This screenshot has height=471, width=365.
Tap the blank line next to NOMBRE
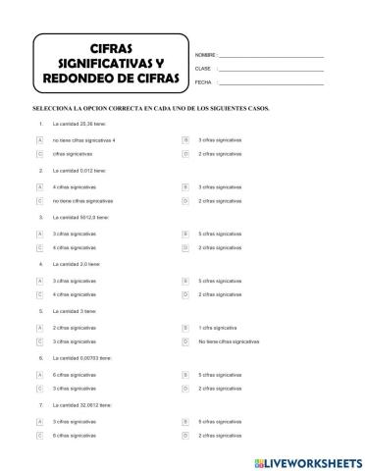[270, 56]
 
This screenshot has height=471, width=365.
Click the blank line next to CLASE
[270, 70]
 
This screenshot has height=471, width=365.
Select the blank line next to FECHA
[270, 83]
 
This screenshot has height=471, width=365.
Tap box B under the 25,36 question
[185, 141]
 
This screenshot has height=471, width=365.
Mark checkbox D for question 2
[185, 201]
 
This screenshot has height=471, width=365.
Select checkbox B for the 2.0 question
[185, 282]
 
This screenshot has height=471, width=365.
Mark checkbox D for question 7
[185, 435]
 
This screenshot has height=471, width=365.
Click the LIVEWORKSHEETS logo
[304, 458]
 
